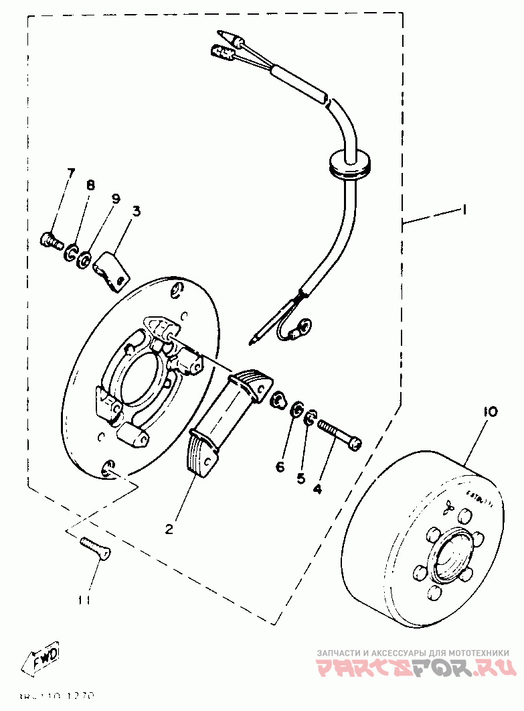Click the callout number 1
point(462,210)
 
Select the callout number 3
point(136,212)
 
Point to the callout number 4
point(317,489)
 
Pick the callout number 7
point(70,175)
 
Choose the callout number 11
point(83,600)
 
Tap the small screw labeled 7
point(51,238)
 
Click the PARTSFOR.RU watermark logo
point(415,667)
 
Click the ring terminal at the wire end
point(302,329)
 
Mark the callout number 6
point(280,466)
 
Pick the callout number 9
point(115,199)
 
